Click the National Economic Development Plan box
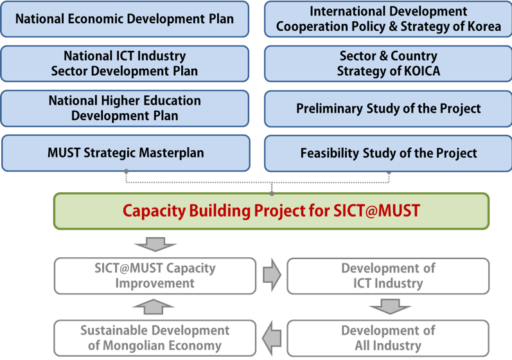125,18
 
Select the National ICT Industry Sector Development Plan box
125,64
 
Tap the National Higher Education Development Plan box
125,109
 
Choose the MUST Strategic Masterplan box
125,152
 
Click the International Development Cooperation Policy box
388,19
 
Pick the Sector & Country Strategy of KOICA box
388,64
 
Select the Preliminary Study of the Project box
388,109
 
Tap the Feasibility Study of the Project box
388,153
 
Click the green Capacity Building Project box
270,210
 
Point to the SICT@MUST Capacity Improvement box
155,275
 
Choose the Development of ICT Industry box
388,275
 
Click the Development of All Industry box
388,338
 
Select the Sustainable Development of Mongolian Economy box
155,338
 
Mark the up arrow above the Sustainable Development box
155,307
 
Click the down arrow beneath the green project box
155,244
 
